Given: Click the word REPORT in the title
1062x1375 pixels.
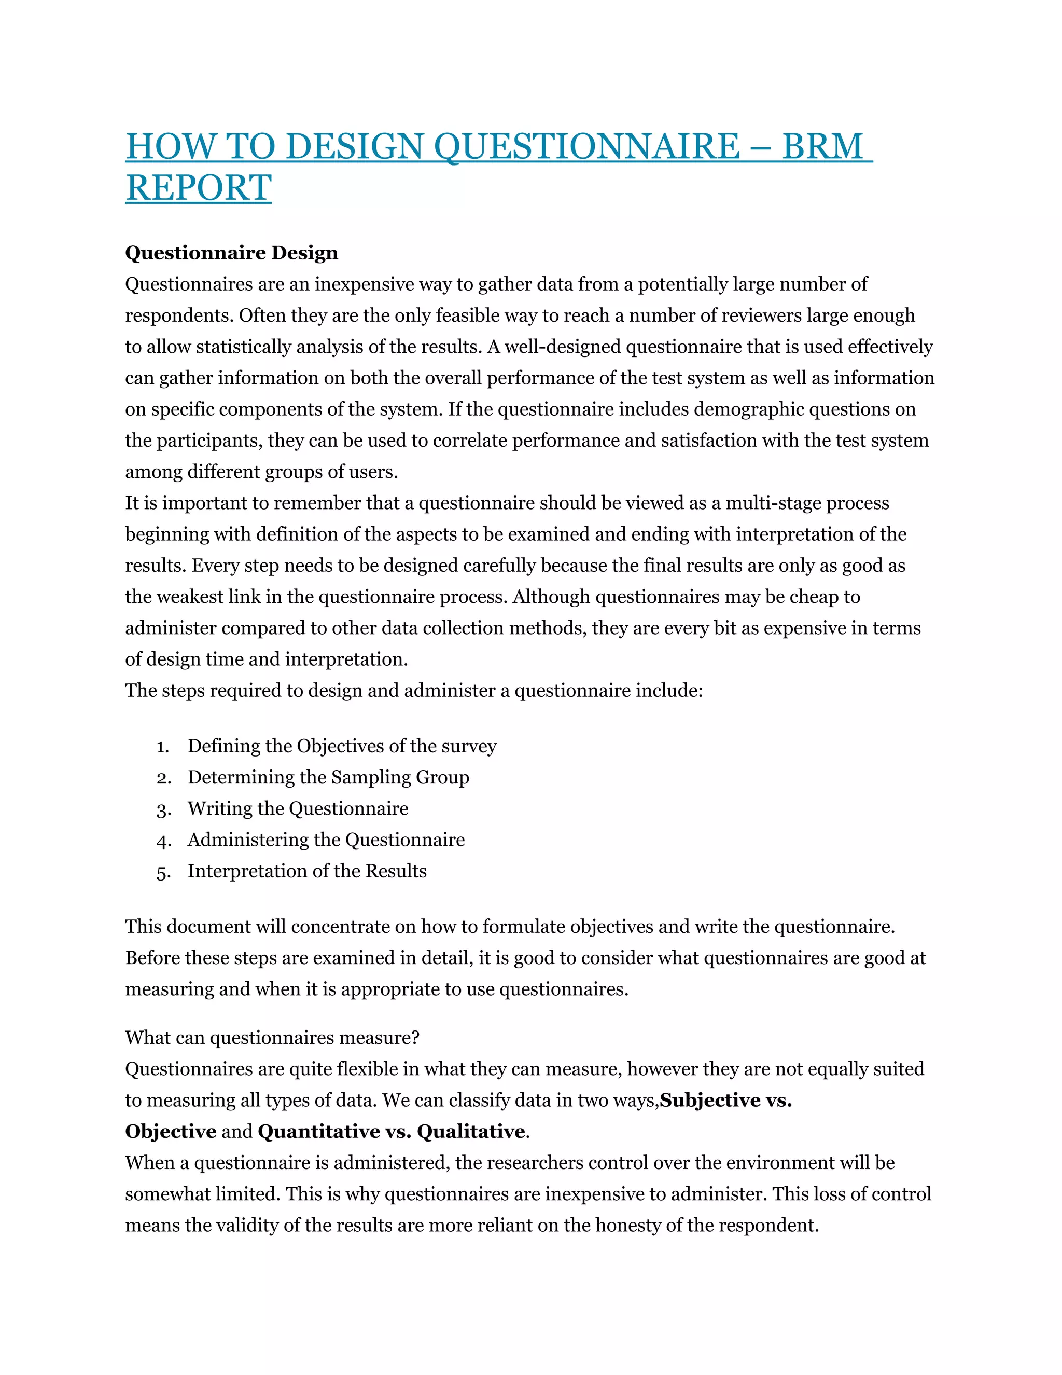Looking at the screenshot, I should tap(198, 188).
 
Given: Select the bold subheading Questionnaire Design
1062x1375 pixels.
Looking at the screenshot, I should tap(231, 253).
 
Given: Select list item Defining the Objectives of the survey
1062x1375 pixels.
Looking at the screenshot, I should tap(342, 746).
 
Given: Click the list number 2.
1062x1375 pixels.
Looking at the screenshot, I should tap(163, 778).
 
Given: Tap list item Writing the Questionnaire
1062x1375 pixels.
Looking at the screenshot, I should tap(298, 808).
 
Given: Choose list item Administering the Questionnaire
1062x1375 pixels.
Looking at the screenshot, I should tap(326, 840).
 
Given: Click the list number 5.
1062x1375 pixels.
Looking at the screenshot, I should tap(163, 872).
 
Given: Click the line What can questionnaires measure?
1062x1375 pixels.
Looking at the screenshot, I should tap(272, 1038).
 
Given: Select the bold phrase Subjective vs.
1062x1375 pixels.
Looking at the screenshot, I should tap(725, 1101).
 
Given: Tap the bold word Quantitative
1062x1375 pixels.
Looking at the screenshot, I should tap(319, 1131).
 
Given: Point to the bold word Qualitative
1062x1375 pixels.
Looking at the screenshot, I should tap(471, 1131).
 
